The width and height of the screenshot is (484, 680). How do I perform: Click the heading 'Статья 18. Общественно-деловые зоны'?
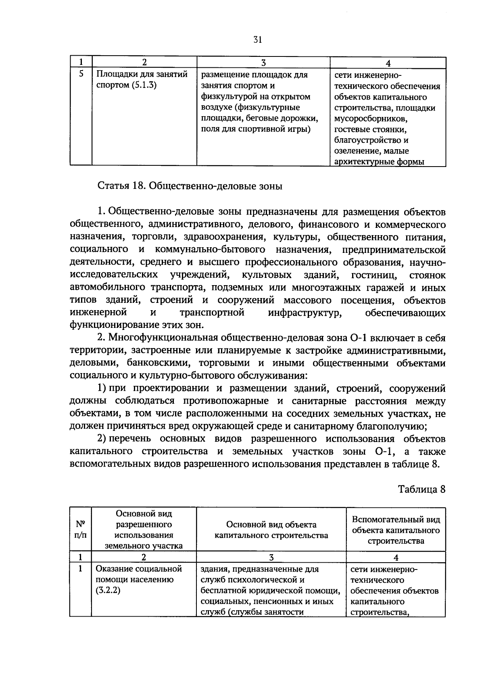tap(190, 186)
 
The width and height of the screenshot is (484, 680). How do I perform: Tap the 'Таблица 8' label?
tap(421, 489)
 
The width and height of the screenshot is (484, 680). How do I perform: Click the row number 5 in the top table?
tap(81, 74)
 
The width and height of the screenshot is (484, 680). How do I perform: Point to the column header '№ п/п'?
tap(81, 529)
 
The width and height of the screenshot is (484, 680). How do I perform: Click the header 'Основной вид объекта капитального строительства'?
tap(271, 530)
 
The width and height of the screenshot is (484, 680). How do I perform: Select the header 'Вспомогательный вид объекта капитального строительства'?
tap(396, 530)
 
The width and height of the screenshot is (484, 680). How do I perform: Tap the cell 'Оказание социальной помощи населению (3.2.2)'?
tap(139, 580)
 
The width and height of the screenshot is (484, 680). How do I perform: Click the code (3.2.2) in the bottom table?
tap(108, 591)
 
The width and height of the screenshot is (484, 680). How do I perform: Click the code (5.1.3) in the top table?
tap(144, 86)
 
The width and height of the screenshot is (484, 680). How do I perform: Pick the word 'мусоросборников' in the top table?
tap(370, 119)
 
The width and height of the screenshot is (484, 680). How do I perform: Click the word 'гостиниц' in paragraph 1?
tap(375, 275)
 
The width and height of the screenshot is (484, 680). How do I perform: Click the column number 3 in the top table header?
tap(263, 63)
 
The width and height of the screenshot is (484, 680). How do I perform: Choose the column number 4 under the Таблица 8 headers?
tap(396, 557)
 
